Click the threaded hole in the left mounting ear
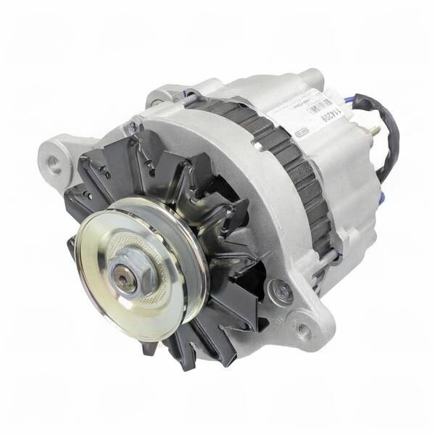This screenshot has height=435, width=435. (x=55, y=163)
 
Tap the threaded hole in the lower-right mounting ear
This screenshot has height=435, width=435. (x=304, y=330)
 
